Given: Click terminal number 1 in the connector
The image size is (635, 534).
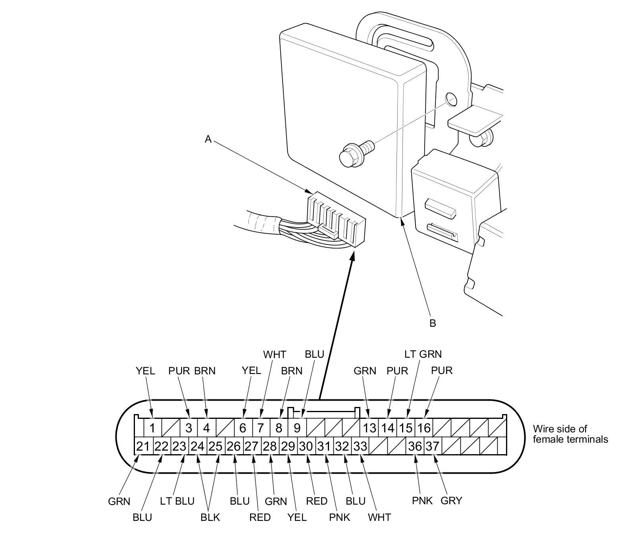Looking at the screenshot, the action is point(152,428).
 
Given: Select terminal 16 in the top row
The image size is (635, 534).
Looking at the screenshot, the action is point(423,428).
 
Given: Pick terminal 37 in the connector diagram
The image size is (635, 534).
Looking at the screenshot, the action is point(433,446).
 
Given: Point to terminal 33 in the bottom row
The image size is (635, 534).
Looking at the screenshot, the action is point(360,446).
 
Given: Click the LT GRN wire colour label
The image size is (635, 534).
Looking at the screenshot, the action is point(423,354).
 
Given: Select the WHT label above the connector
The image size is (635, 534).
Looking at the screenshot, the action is point(275,355).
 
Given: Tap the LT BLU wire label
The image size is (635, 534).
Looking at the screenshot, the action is point(177,501).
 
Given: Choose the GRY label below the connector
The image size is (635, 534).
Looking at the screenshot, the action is point(452,501).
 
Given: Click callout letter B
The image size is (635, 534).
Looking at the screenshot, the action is point(433,323).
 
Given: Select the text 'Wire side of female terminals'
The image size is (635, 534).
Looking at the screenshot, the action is point(571,434).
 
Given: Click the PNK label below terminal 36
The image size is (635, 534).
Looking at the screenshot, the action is point(422,501).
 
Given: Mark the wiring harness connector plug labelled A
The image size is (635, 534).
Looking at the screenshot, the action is point(336,218).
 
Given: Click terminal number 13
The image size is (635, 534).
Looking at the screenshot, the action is point(369,428).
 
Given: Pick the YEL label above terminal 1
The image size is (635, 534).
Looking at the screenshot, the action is point(145,371).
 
